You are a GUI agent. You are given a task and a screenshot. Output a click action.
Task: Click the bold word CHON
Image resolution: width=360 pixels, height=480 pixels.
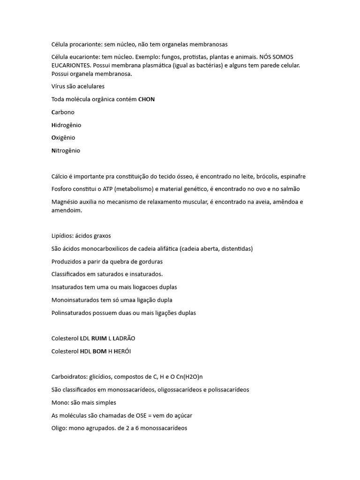point(146,99)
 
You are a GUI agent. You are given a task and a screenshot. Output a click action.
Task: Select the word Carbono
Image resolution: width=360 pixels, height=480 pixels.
point(63,112)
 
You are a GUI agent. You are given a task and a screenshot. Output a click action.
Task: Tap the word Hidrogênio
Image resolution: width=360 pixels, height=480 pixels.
point(66,125)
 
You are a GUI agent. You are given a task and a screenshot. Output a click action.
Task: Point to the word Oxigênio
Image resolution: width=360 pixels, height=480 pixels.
point(63,138)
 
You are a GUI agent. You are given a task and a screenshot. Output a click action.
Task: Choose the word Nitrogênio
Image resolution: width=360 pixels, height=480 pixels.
point(66,150)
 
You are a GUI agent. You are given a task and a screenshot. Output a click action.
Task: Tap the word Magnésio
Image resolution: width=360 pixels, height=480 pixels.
point(65,202)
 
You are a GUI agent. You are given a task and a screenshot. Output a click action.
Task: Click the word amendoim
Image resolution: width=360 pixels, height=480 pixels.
point(67,210)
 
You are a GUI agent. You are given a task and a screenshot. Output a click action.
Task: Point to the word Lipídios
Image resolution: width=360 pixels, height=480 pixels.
point(62,236)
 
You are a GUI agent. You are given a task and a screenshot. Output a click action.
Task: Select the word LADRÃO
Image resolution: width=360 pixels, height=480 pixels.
point(124,338)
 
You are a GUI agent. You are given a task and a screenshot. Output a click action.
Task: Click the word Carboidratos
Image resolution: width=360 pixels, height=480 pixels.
point(69,376)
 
